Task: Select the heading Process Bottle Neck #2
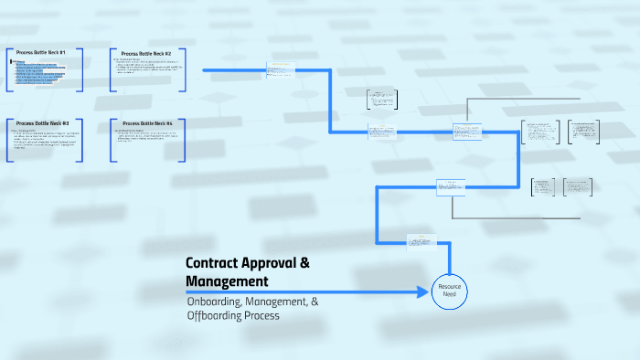pyautogui.click(x=146, y=53)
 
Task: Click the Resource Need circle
pyautogui.click(x=449, y=291)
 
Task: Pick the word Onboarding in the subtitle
pyautogui.click(x=217, y=301)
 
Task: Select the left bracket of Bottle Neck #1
pyautogui.click(x=7, y=69)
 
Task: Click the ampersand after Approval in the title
pyautogui.click(x=304, y=262)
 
